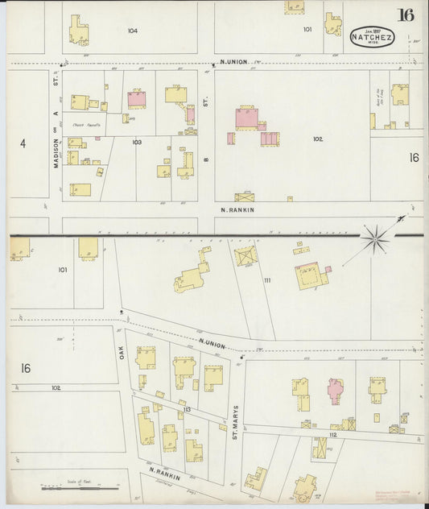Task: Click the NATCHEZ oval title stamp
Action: pos(371,35)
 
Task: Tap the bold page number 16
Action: pos(405,15)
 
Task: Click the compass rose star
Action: pos(373,239)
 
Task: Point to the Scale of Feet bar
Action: pos(80,486)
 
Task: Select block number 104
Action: pos(133,31)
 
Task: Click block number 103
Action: pos(137,142)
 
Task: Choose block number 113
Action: pos(186,410)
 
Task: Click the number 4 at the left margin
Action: pos(23,143)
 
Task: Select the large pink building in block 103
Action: pos(136,99)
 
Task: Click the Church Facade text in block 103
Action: pos(84,126)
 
